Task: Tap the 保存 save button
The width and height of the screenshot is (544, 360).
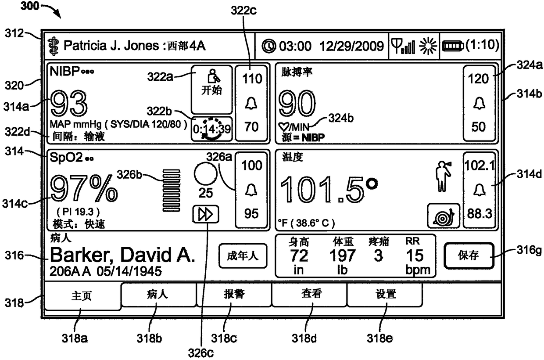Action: coord(468,256)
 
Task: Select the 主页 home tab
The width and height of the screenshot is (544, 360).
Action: coord(82,296)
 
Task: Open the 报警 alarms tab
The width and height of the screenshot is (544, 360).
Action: coord(234,294)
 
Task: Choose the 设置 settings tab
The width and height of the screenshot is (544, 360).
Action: coord(385,294)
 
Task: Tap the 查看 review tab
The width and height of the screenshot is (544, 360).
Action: coord(310,294)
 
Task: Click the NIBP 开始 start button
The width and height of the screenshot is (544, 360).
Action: coord(211,90)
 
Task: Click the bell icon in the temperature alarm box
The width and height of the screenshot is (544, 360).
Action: coord(479,190)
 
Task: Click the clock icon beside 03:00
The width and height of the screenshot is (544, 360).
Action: coord(268,46)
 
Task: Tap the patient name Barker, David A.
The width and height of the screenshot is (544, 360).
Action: coord(122,255)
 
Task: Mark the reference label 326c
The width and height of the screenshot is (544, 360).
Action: coord(201,351)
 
